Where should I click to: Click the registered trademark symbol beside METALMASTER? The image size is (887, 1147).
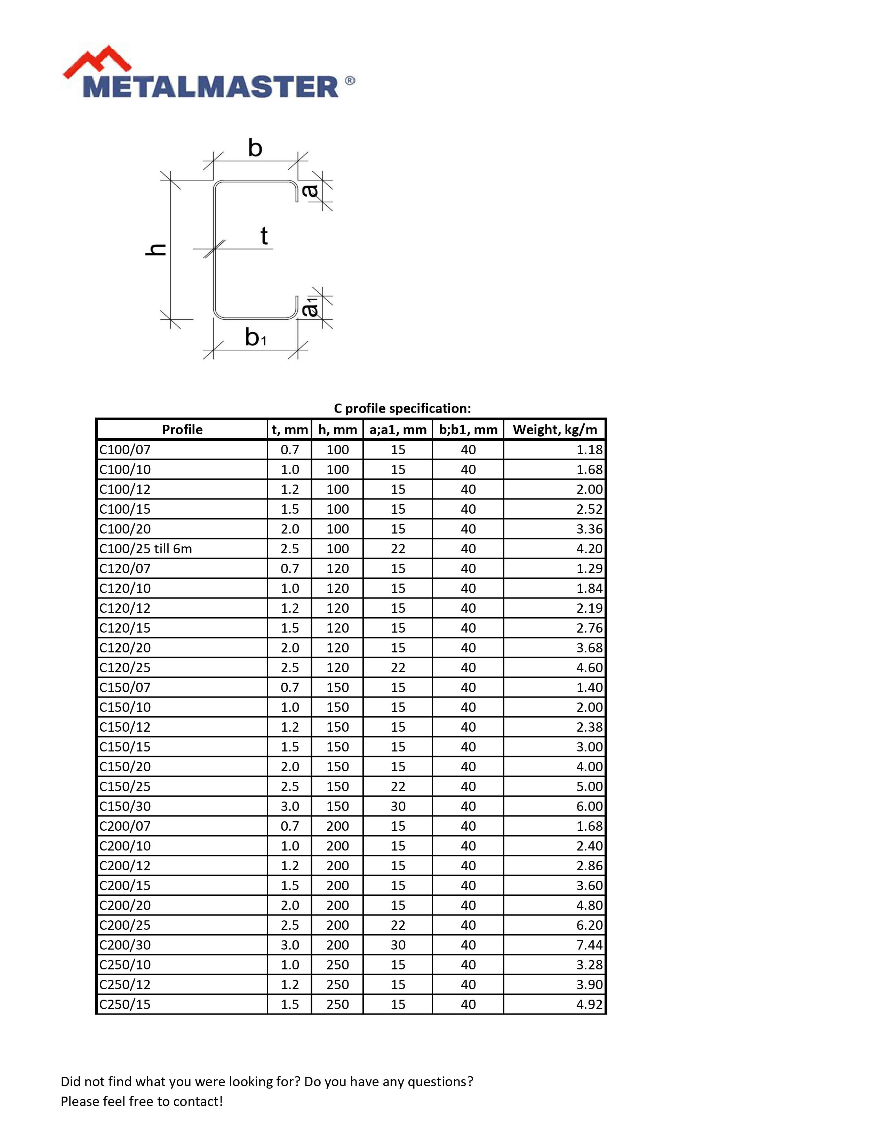pos(350,81)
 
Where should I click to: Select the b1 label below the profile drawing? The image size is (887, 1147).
pos(255,337)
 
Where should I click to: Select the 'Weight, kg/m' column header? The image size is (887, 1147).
pos(554,430)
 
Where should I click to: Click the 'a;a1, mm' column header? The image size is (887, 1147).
pos(398,430)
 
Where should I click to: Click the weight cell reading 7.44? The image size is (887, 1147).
pos(589,945)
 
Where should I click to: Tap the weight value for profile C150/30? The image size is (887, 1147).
pos(589,806)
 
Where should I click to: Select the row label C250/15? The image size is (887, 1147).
pos(125,1004)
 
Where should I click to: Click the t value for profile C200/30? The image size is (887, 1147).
pos(289,945)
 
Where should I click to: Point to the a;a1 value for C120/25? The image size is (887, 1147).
pos(398,667)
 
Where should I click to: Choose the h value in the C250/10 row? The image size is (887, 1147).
pos(337,965)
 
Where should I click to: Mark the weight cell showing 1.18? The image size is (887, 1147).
pos(589,449)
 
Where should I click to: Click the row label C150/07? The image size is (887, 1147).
pos(125,688)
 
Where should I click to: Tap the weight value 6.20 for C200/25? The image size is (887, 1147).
pos(589,925)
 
